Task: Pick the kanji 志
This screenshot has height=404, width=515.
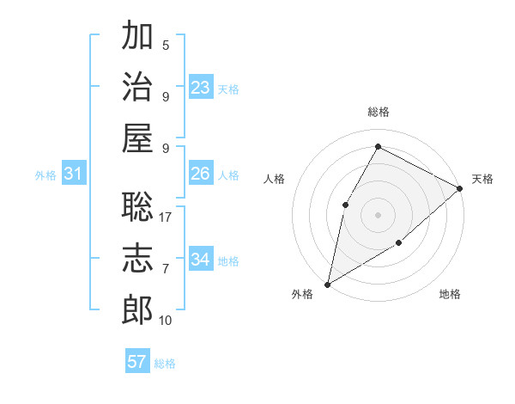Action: click(137, 259)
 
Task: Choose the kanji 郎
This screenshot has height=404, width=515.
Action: click(137, 309)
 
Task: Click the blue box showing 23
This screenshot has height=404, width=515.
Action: click(201, 87)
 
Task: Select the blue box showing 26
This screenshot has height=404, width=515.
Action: click(201, 174)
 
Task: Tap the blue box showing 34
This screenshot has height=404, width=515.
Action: click(201, 259)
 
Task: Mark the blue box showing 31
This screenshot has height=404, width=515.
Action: click(74, 174)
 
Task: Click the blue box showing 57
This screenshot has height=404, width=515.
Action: click(137, 362)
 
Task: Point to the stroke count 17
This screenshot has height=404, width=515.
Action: click(167, 218)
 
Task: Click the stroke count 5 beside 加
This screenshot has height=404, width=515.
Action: click(166, 46)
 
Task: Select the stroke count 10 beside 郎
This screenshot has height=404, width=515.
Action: click(166, 321)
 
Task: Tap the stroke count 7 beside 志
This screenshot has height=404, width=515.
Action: click(166, 269)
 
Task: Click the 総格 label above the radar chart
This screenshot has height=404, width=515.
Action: click(378, 113)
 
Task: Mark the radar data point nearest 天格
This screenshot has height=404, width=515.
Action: click(460, 188)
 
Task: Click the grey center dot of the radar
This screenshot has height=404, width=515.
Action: click(378, 214)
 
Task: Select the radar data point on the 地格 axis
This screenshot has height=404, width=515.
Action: click(398, 243)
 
